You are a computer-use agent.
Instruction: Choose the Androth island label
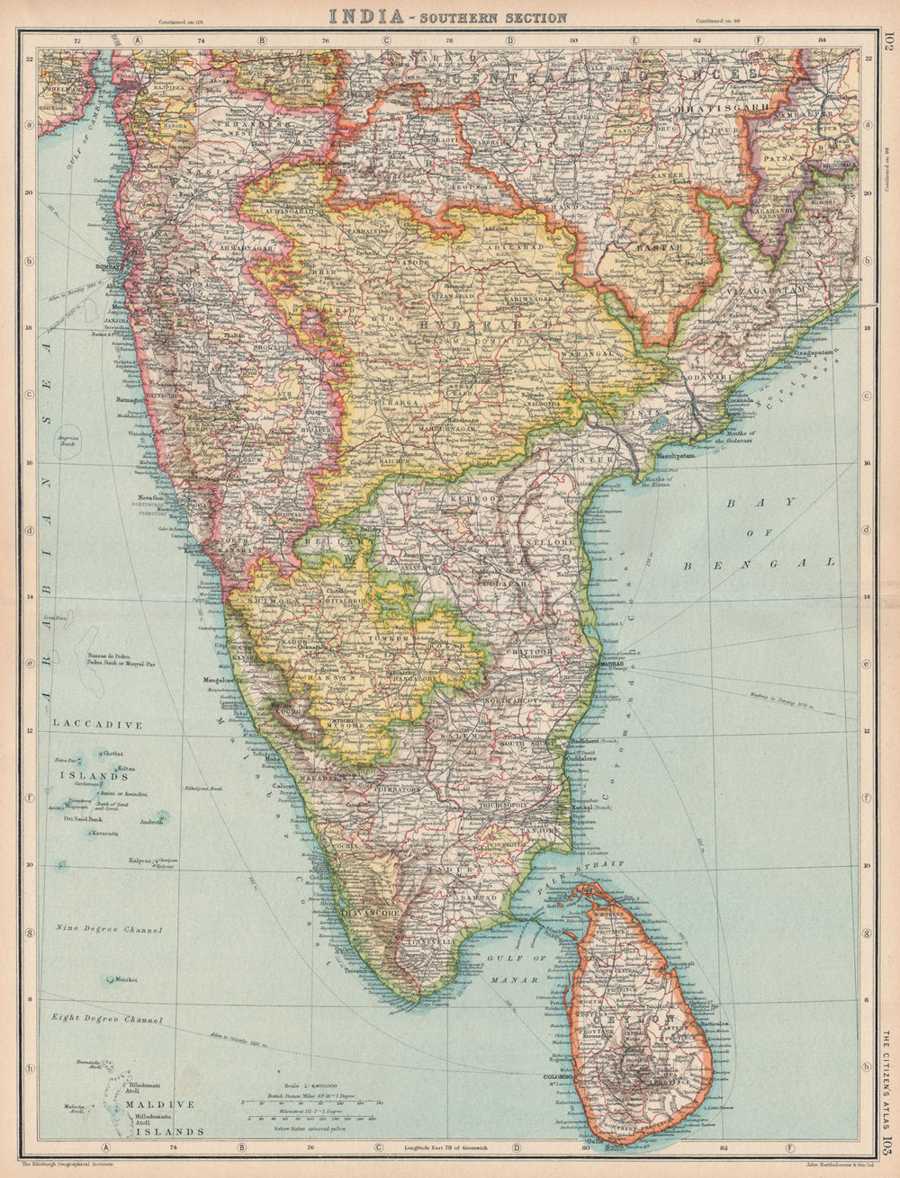click(151, 820)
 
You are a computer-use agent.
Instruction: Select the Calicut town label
click(283, 787)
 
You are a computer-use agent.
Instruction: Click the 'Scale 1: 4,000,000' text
click(307, 1086)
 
